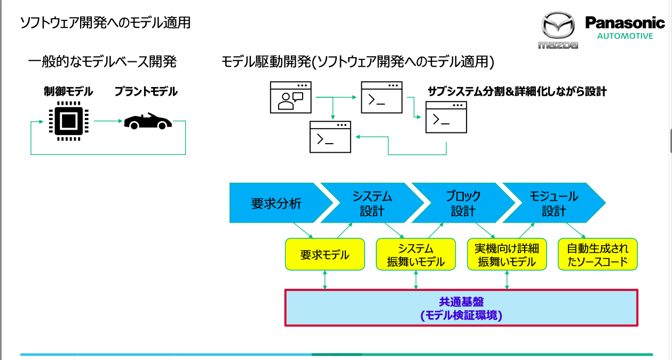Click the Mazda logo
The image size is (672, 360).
click(558, 31)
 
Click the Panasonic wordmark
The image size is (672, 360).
click(625, 23)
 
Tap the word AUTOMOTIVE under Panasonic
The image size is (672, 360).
click(625, 36)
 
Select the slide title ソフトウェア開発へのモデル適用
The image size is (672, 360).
click(105, 22)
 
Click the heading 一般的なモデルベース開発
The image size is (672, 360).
click(102, 62)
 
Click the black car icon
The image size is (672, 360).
click(147, 122)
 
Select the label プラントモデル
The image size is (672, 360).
click(146, 92)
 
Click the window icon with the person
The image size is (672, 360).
click(290, 97)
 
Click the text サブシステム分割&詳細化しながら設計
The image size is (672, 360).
click(517, 91)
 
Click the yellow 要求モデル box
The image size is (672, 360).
click(325, 255)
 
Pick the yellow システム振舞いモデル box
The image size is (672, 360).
click(416, 255)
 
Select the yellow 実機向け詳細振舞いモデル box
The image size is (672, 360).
click(507, 255)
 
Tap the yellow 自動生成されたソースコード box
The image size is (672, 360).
click(597, 255)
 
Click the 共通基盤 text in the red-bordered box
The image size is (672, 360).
click(461, 302)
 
